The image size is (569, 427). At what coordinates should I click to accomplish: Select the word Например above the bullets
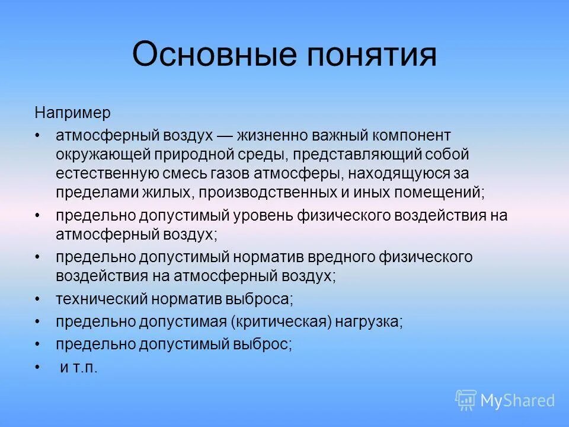(x=73, y=112)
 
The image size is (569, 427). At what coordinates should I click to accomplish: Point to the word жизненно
(x=267, y=136)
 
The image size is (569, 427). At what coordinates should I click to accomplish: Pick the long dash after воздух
(x=225, y=136)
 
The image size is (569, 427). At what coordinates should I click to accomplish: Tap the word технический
(x=101, y=299)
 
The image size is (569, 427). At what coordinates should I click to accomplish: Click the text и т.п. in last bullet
(x=79, y=368)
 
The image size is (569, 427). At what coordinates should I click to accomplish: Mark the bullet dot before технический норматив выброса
(x=38, y=299)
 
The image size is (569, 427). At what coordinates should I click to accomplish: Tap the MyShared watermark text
(x=517, y=401)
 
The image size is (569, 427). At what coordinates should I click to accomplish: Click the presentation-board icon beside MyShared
(x=466, y=400)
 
